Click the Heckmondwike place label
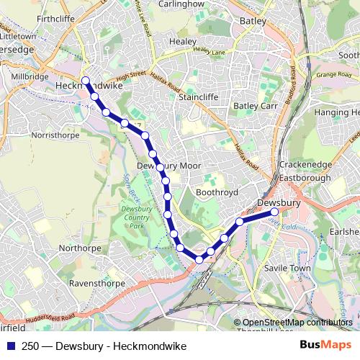click(82, 85)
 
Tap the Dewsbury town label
click(278, 204)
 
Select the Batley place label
click(253, 22)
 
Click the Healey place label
click(182, 42)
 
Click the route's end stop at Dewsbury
click(274, 212)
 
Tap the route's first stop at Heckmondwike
click(86, 81)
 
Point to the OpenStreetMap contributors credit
click(297, 323)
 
